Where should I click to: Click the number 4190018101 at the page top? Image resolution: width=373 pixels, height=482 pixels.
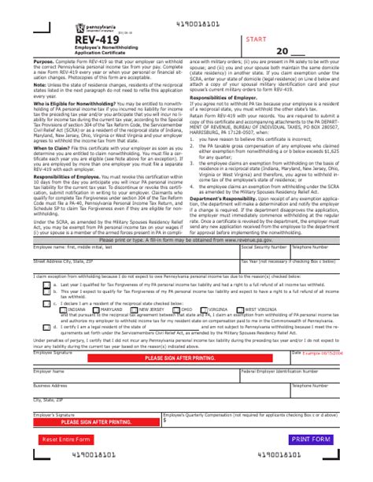coord(186,6)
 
